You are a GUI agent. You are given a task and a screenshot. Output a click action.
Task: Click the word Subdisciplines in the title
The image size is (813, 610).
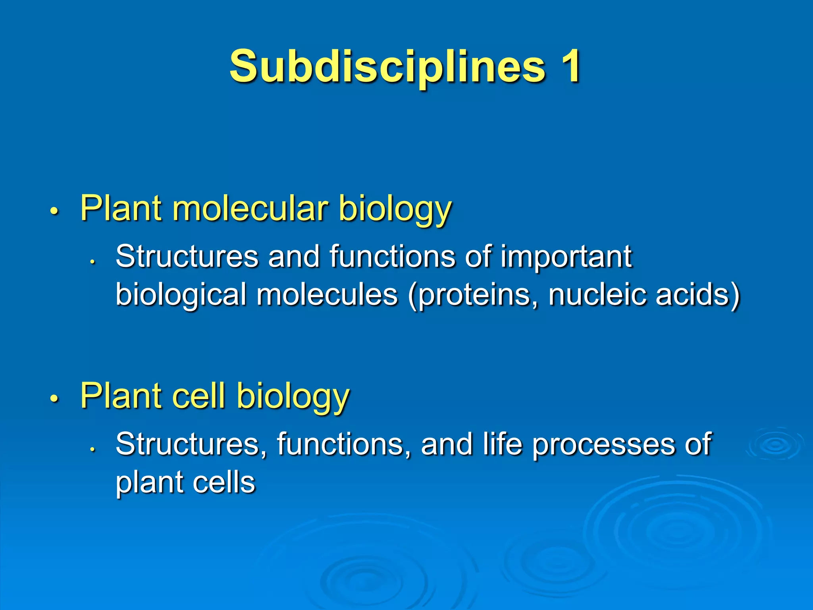click(x=387, y=67)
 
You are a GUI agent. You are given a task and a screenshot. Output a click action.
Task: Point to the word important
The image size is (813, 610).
click(x=566, y=257)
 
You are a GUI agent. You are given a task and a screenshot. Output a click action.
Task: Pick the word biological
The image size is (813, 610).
click(x=181, y=295)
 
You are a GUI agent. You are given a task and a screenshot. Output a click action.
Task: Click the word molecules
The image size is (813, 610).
click(x=327, y=295)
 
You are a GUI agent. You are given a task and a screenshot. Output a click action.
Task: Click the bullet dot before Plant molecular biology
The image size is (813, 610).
click(x=54, y=210)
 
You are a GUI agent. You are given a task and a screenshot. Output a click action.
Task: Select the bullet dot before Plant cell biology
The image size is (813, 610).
click(x=54, y=398)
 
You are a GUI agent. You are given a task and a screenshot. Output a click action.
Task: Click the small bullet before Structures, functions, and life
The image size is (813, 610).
click(x=92, y=449)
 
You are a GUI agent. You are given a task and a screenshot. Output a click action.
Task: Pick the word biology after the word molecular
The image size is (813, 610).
click(x=395, y=209)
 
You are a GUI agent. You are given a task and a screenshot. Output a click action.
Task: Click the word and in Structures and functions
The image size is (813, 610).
click(x=294, y=257)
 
